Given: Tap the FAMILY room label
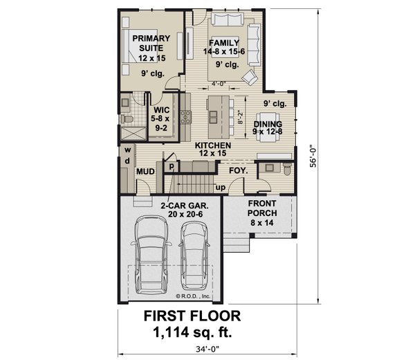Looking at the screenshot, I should point(222,46).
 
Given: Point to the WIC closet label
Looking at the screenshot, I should point(162,118).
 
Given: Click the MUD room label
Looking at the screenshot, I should point(145,171).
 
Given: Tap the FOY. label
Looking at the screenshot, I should point(239,169).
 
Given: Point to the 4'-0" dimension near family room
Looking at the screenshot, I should point(221,88).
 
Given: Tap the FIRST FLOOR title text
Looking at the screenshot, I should point(192,316).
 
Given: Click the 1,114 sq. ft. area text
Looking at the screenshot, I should point(192,332).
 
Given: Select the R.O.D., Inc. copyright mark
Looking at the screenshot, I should point(196,296).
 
